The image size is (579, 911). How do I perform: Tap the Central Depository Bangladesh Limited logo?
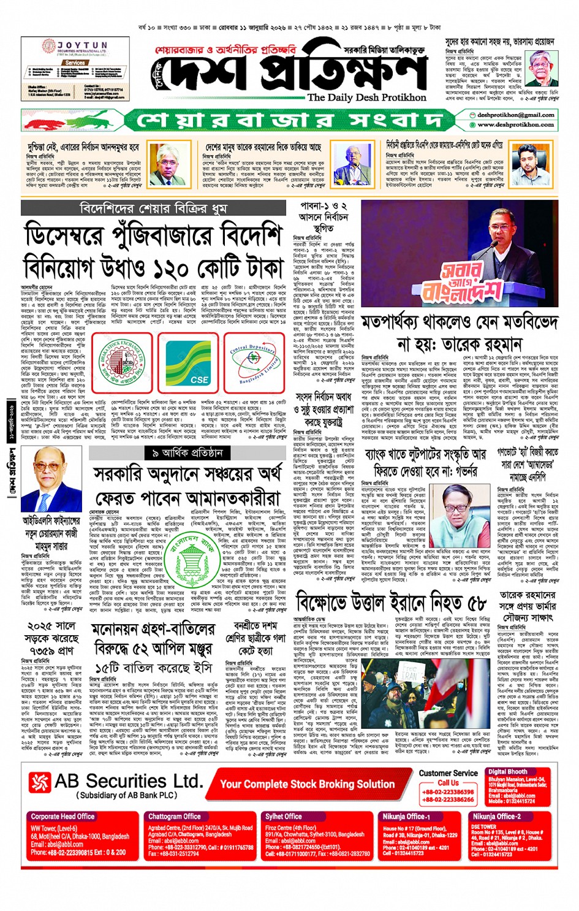(253, 362)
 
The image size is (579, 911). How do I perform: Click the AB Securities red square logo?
(40, 782)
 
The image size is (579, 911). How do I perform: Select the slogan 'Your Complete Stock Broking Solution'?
(307, 784)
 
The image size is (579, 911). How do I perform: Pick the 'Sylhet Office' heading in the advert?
(283, 816)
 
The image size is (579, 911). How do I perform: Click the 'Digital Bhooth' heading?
(507, 772)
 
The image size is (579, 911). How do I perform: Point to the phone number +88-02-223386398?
(448, 792)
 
